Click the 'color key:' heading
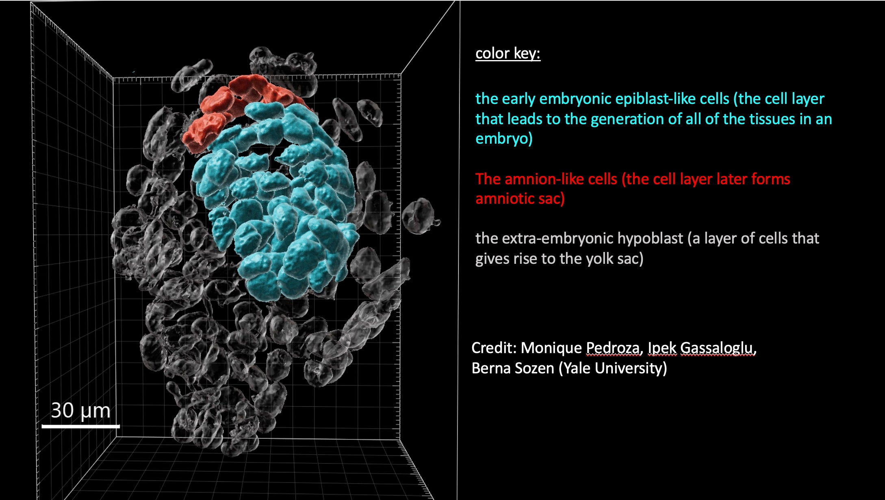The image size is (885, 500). point(508,54)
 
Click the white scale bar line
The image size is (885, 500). point(80,426)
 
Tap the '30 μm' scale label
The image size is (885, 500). point(80,410)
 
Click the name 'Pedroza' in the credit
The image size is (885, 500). point(612,348)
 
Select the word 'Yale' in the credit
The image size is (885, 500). point(577,368)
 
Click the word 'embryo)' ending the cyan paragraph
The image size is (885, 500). point(504,139)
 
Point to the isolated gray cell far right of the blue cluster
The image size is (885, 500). point(419,216)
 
